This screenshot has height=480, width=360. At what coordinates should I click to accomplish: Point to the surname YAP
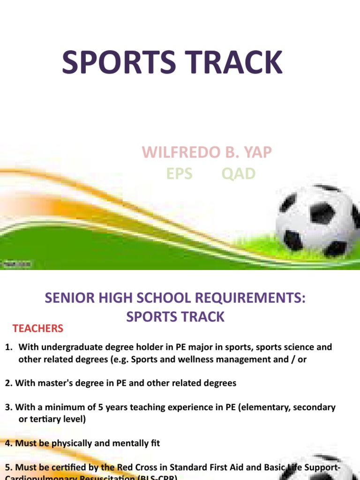(x=256, y=152)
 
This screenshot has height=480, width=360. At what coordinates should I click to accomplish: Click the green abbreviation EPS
(x=179, y=174)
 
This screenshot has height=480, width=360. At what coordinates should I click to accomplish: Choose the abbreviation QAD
(x=239, y=174)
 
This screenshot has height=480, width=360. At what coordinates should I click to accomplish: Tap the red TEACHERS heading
(x=38, y=329)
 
